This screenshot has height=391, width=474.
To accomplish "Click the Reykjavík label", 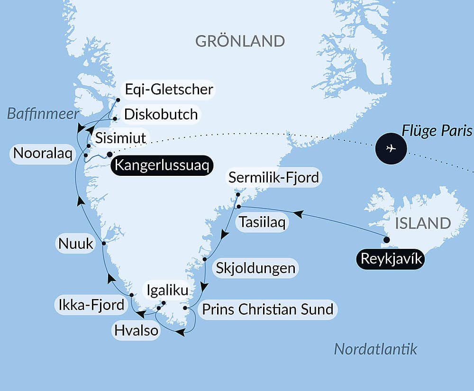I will coord(390,259).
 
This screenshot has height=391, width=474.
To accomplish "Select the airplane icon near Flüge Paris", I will coord(391,148).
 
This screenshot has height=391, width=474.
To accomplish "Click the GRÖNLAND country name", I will coord(240,41).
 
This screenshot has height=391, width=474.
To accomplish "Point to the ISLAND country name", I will coord(423,223).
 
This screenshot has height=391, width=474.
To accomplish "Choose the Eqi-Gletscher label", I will coord(168,89).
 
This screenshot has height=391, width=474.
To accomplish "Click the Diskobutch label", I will coord(161,114).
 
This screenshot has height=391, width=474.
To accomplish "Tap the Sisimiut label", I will coord(120,138).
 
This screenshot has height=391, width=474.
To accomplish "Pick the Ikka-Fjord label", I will coord(90,304).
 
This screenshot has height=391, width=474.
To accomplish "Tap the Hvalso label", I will coord(136,330).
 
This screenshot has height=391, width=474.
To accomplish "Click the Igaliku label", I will coord(167,290).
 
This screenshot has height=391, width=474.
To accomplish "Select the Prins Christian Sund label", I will coord(267,309).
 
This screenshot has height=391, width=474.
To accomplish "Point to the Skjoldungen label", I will coord(255,268).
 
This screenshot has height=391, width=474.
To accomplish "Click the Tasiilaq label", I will coord(263,222).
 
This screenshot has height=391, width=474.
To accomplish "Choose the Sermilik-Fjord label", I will coord(274,178).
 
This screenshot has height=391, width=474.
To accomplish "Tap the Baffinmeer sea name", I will coord(43,114).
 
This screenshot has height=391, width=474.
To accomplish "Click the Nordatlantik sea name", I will coord(375,349).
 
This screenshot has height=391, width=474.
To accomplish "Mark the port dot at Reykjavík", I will coord(386,240).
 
